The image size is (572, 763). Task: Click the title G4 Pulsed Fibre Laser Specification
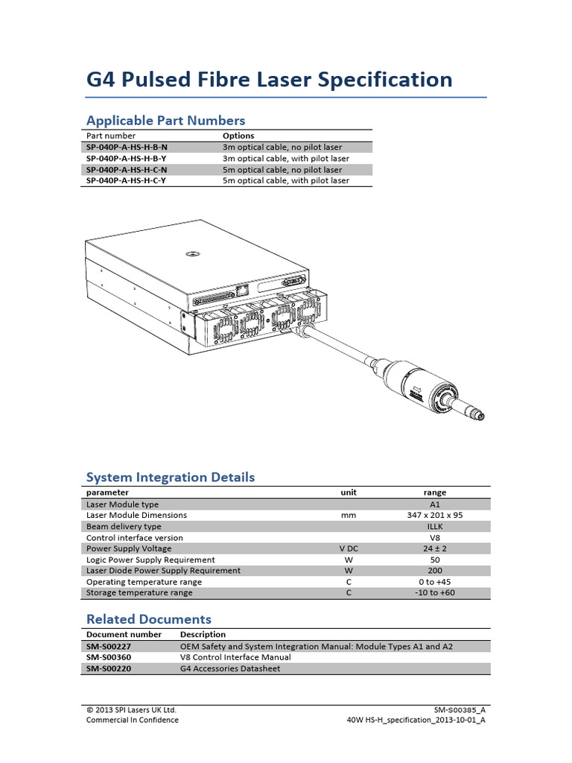point(269,79)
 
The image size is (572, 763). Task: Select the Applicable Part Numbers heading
point(165,120)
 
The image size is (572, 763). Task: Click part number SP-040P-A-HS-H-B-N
point(127,148)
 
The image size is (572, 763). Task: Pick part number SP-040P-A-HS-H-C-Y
point(127,180)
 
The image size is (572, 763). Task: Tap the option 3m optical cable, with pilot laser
point(286,159)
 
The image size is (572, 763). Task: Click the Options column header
point(238,136)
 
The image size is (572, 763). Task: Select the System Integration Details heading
point(171,477)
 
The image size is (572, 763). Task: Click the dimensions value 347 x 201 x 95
point(435,515)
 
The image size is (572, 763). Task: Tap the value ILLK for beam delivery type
point(435,526)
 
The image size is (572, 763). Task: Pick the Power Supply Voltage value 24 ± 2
point(435,548)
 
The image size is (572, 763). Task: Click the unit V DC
point(349,548)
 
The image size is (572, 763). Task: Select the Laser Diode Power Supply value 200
point(435,571)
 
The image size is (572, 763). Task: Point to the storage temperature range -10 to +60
point(435,593)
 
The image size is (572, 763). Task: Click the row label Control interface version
point(135,537)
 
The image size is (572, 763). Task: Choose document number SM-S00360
point(110,657)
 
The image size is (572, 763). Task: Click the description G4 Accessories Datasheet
point(230,668)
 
